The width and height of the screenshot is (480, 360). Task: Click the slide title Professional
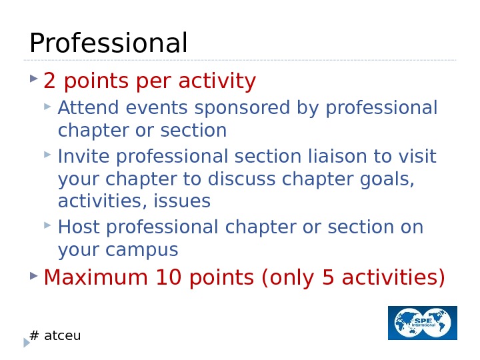click(109, 44)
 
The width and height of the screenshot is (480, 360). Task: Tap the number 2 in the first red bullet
click(49, 81)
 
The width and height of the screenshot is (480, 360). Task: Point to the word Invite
click(78, 157)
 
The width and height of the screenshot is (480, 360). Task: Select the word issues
click(183, 201)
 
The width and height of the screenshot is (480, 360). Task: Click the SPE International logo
click(423, 323)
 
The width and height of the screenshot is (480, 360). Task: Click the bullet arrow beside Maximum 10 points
click(34, 275)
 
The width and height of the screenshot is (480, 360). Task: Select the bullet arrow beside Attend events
click(47, 106)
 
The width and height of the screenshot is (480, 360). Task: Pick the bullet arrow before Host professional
click(47, 226)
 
